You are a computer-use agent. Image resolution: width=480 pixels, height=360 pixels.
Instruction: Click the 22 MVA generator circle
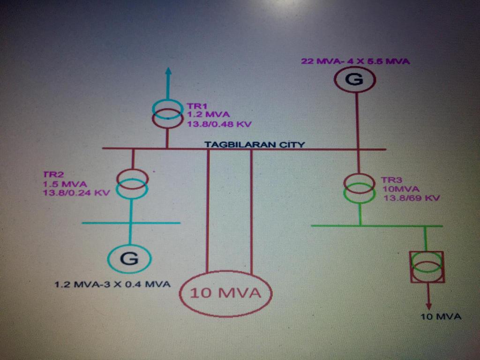point(354,80)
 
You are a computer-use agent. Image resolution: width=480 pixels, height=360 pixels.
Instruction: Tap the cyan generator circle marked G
point(129,258)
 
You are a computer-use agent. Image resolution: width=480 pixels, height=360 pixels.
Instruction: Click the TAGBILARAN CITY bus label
point(255,144)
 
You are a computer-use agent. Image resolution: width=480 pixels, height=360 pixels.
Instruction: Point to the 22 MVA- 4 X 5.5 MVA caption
point(355,61)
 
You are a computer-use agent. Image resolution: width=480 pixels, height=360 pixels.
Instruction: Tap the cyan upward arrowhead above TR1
point(168,73)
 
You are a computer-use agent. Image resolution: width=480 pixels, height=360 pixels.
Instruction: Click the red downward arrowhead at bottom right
point(428,306)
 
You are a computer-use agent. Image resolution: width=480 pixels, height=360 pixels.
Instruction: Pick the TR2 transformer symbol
point(133,184)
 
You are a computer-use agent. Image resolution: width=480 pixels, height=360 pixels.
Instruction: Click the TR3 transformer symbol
point(360,188)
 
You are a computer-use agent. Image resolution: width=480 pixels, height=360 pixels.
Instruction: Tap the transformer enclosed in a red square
point(426,266)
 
